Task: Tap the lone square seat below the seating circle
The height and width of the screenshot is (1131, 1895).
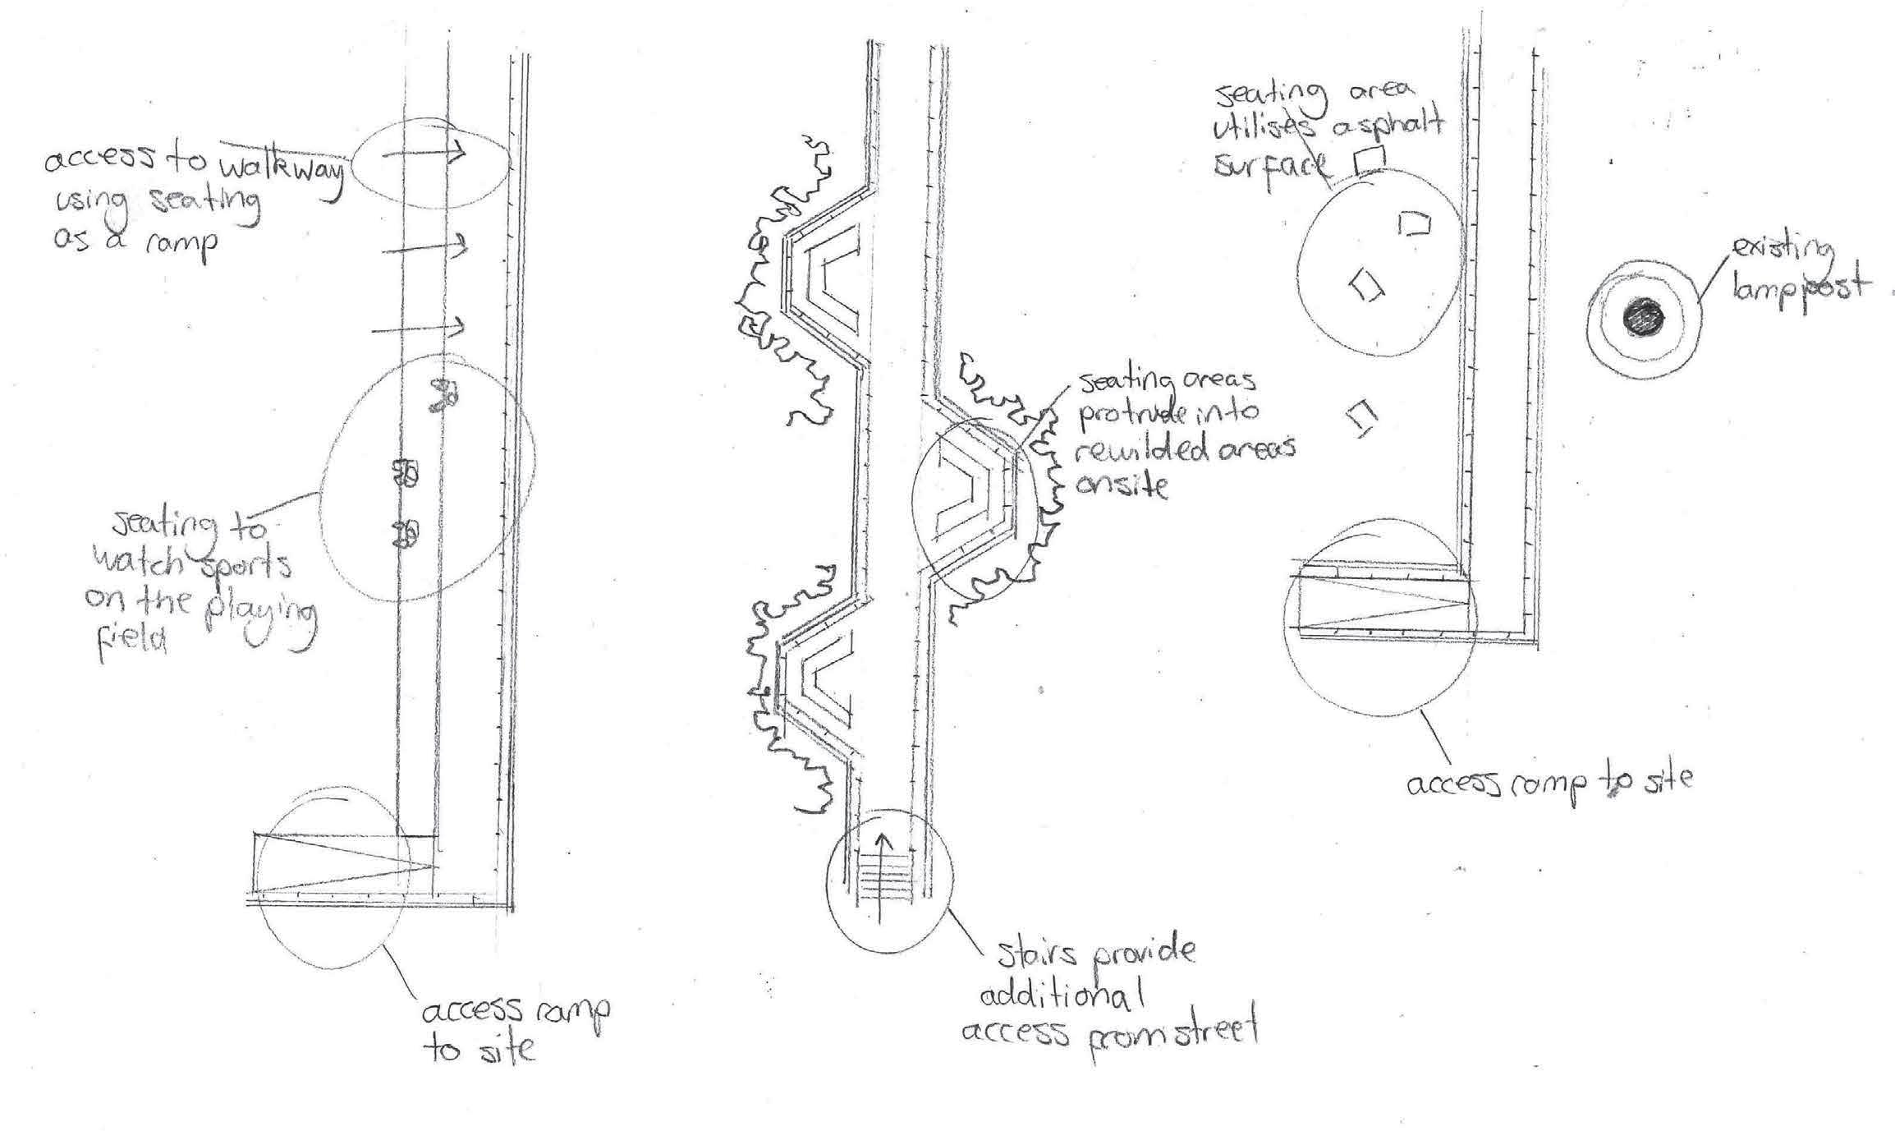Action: tap(1360, 419)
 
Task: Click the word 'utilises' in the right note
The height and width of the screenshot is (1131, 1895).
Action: tap(1256, 129)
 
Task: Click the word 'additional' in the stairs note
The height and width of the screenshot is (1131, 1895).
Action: tap(1063, 997)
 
